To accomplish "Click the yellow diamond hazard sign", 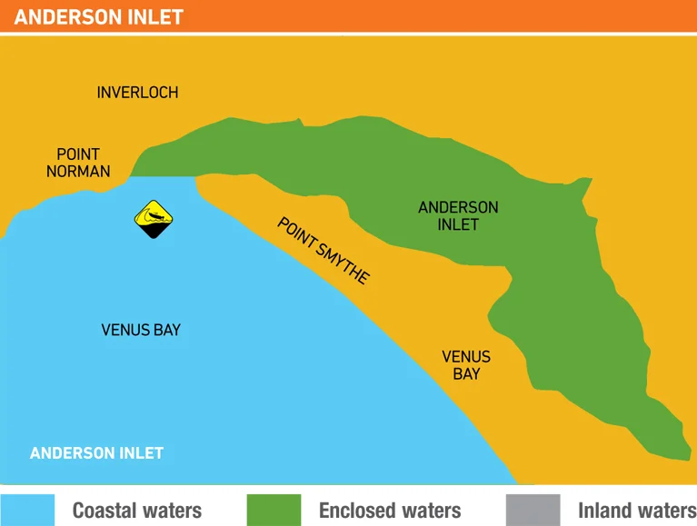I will tap(154, 218).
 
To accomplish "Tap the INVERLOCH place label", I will tap(137, 93).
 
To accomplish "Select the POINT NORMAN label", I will tap(78, 163).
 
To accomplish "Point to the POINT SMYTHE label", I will tap(324, 251).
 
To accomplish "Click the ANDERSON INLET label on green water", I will tap(458, 215).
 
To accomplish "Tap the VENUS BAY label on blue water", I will tap(141, 330).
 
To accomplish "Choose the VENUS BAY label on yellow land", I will tap(466, 365).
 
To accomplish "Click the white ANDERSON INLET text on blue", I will tap(96, 453).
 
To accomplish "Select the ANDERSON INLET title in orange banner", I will tap(99, 17).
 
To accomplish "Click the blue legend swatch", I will tap(27, 510).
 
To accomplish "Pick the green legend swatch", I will tap(274, 510).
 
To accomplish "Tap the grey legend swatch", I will tap(533, 510).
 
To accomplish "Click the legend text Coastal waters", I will tap(137, 511).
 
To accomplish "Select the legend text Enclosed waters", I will tap(390, 511).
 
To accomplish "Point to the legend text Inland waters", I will tap(636, 511).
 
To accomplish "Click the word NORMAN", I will tap(78, 171).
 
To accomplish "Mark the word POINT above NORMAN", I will tap(78, 154).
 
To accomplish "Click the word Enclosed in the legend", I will tap(359, 511).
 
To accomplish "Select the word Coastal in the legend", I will tap(105, 511).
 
